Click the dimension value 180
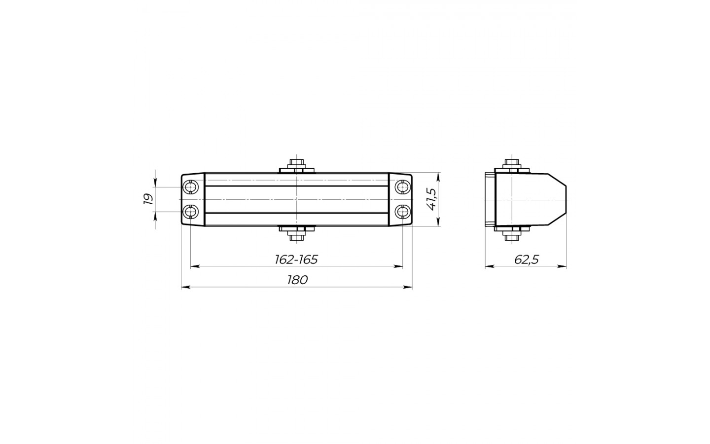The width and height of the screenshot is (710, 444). (x=297, y=280)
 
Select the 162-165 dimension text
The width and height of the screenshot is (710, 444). (x=296, y=259)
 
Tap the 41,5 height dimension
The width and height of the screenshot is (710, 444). (x=432, y=199)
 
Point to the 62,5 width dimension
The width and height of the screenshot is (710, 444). (x=526, y=259)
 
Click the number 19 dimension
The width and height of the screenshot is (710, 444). (x=148, y=199)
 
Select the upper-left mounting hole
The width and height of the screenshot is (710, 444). (x=190, y=187)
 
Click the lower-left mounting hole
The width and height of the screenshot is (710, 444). (x=190, y=212)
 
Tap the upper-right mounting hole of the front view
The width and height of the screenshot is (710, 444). (x=402, y=187)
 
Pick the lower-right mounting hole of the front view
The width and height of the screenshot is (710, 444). (x=402, y=212)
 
